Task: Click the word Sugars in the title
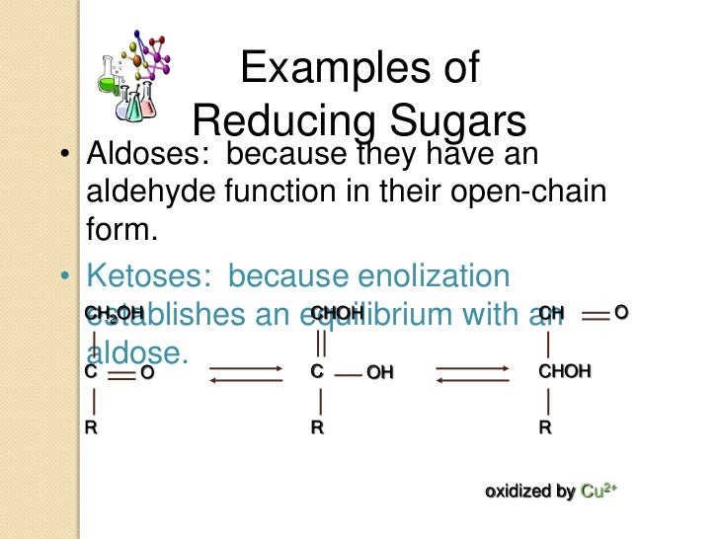coord(457,121)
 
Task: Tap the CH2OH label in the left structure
coord(114,313)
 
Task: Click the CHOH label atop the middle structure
coord(337,313)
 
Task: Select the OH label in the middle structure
coord(380,373)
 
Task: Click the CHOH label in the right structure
coord(565,372)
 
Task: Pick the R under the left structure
coord(91,429)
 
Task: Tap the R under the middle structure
coord(317,429)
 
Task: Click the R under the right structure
coord(544,429)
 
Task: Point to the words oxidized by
coord(529,492)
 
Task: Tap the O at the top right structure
coord(620,313)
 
